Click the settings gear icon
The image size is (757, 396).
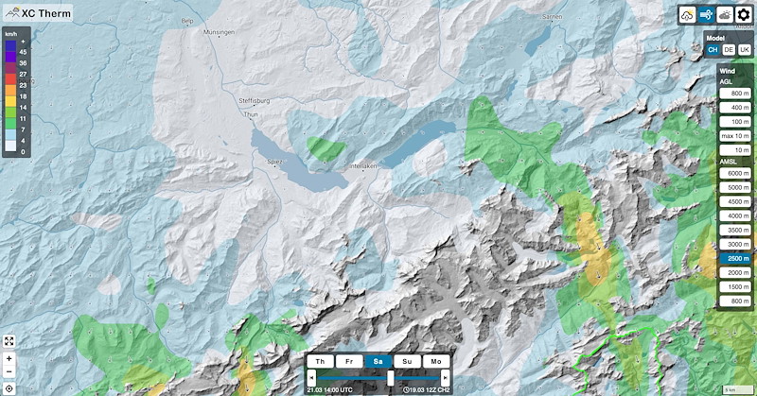(743, 15)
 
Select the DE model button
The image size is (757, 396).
(729, 49)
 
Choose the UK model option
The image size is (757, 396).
(744, 49)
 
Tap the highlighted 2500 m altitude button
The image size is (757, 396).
(735, 258)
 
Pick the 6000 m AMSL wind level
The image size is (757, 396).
(735, 174)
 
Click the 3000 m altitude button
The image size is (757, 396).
(735, 244)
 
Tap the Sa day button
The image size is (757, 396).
(378, 361)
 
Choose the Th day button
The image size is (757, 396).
(321, 361)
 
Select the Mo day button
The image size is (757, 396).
(436, 361)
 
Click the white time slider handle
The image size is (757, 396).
(391, 377)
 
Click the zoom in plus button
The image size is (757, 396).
(9, 359)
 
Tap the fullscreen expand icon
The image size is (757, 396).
(9, 340)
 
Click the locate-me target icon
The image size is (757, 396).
(9, 387)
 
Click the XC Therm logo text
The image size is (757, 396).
(47, 14)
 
